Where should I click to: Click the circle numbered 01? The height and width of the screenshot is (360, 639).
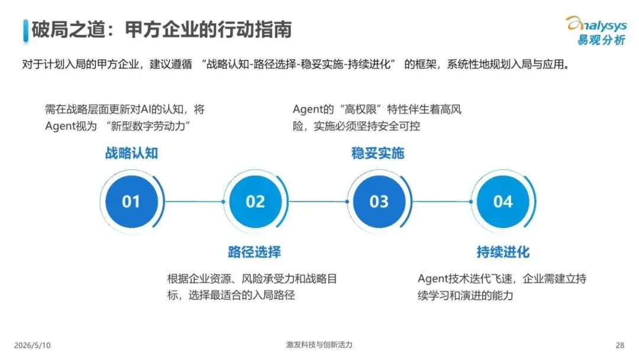[x=131, y=201]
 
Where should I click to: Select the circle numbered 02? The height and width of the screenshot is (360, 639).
[x=255, y=201]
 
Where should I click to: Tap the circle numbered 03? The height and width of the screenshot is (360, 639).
[x=379, y=201]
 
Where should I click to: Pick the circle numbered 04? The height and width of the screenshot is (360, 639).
[x=503, y=201]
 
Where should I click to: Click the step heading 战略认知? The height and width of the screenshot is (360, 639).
[x=131, y=153]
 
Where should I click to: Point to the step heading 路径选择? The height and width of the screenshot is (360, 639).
[x=254, y=252]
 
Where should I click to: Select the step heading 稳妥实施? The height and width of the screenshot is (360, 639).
[x=377, y=153]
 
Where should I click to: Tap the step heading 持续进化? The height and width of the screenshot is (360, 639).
[x=503, y=252]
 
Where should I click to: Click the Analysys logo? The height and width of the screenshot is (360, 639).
[x=596, y=31]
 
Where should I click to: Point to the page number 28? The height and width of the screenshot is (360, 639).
[x=620, y=345]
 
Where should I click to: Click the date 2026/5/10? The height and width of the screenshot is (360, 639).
[x=32, y=345]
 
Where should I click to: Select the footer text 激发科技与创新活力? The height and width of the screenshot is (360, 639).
[x=319, y=345]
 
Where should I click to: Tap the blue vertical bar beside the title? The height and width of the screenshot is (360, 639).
[x=25, y=31]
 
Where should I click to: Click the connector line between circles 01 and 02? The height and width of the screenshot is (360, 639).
[x=194, y=201]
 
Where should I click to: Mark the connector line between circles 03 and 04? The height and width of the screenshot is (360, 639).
[x=442, y=201]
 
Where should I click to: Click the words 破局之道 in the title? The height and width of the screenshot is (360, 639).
[x=69, y=30]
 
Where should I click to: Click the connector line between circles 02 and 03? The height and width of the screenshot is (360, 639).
[x=318, y=201]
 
